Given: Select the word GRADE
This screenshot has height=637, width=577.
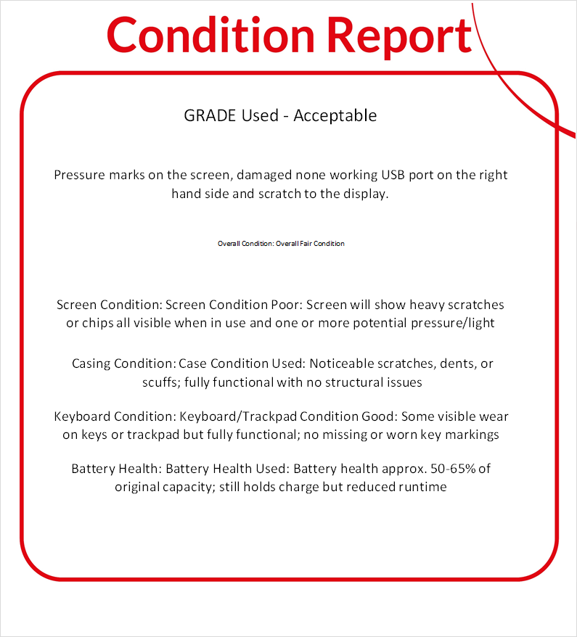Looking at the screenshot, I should [x=209, y=115].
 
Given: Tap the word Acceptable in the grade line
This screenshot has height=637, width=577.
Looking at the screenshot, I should [x=335, y=115].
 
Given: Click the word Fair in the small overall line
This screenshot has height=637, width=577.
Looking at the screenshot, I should [x=308, y=244].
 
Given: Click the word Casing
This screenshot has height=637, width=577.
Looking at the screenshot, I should [x=92, y=363].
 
